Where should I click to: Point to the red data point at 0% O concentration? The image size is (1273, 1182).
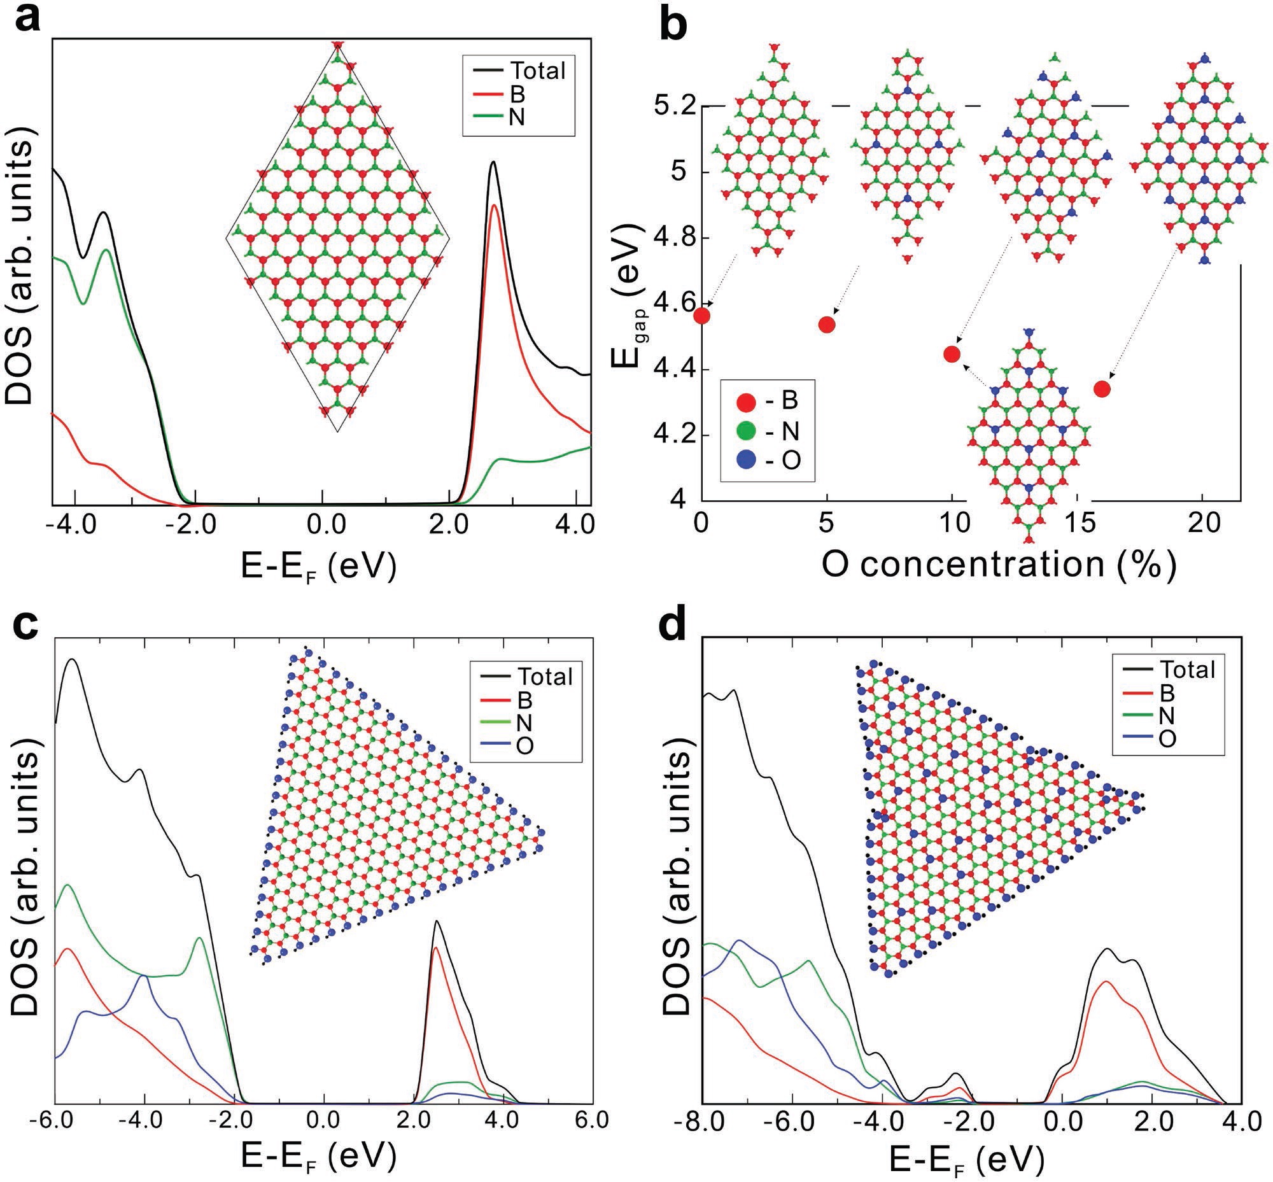pos(703,316)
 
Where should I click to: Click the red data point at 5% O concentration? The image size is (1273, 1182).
pos(827,325)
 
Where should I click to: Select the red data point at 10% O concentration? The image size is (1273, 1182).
pos(952,355)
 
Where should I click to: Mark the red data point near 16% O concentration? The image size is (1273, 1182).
pos(1102,389)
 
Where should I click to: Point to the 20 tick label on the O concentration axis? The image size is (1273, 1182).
pos(1202,525)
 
